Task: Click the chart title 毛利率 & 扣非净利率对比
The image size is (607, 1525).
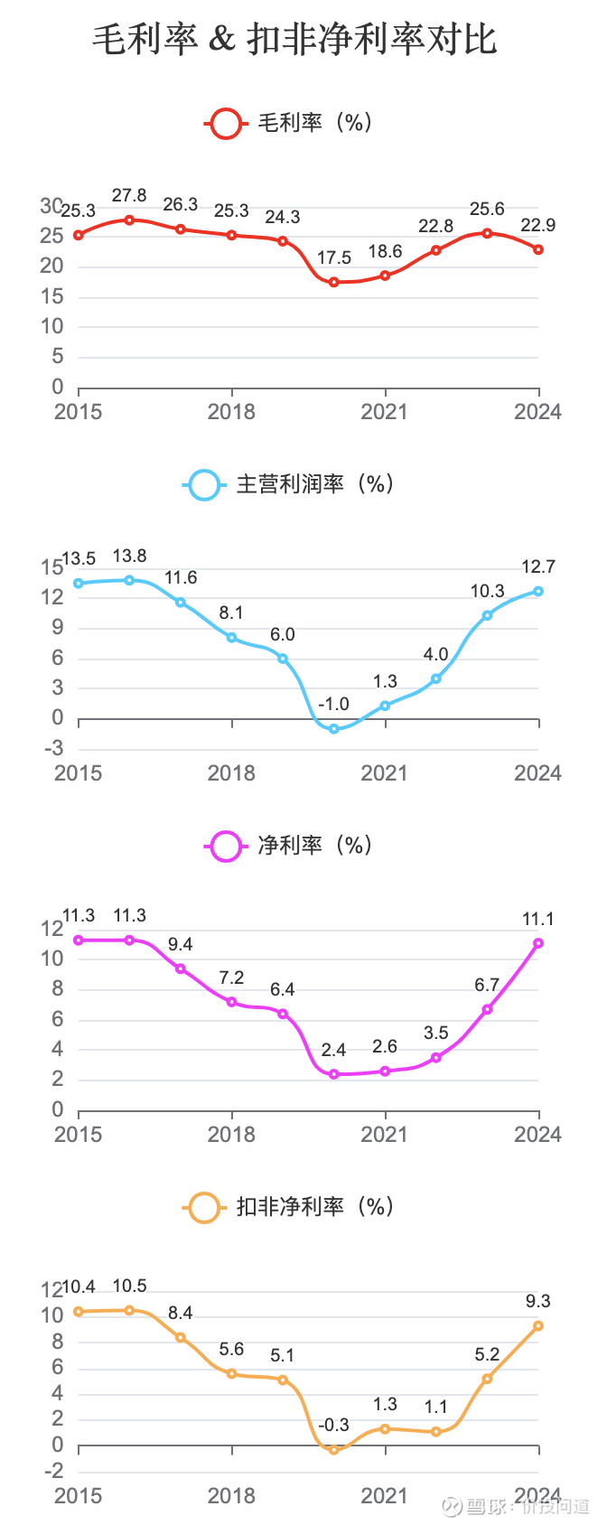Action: click(x=294, y=40)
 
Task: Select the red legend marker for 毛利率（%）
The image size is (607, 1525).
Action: click(x=225, y=123)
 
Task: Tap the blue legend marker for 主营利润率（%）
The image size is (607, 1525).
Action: click(x=204, y=484)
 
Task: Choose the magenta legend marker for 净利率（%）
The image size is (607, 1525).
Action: click(x=225, y=846)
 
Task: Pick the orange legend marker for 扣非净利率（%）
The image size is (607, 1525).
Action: click(x=204, y=1207)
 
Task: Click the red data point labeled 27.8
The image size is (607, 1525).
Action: click(x=129, y=220)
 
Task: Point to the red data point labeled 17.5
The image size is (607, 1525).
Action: click(x=333, y=282)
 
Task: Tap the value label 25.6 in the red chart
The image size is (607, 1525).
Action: click(x=487, y=210)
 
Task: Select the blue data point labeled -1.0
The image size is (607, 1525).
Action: click(x=333, y=728)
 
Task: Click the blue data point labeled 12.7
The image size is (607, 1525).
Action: click(x=538, y=591)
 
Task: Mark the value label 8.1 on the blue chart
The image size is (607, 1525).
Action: click(x=231, y=613)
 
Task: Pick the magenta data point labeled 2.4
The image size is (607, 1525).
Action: click(x=333, y=1074)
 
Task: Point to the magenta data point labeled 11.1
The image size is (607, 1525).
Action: click(x=538, y=943)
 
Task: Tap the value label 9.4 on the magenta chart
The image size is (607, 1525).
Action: click(x=180, y=945)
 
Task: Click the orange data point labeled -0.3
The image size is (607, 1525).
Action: click(x=333, y=1450)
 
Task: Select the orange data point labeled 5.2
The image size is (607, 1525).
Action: click(x=487, y=1379)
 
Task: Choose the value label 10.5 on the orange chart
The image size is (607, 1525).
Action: click(x=129, y=1286)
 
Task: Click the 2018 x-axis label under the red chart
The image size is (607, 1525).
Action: click(x=231, y=412)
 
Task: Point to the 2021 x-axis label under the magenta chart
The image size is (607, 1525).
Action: click(x=385, y=1135)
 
